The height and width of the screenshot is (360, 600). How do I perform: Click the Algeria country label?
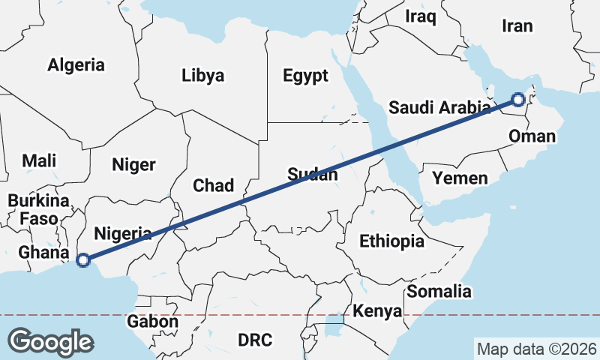point(76,65)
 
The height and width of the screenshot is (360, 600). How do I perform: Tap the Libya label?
point(202,75)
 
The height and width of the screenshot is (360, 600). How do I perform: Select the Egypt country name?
point(305,75)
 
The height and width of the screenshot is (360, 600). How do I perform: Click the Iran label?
point(517,26)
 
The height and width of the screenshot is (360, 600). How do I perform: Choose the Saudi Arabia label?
point(439,108)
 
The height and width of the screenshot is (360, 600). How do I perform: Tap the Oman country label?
point(532,136)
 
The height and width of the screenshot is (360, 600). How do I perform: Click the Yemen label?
point(460,178)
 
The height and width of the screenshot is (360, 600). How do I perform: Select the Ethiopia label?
point(391,241)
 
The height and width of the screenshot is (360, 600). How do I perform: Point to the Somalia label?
point(439,292)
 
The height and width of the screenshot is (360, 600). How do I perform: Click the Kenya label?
point(377,311)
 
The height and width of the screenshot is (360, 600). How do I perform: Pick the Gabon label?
point(152,322)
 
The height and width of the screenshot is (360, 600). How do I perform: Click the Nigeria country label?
point(124,233)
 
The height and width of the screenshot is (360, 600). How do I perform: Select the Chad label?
point(214,185)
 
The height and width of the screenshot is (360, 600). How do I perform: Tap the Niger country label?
point(133,165)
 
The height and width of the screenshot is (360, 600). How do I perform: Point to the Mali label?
point(39,160)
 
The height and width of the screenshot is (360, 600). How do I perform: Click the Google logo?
point(50,342)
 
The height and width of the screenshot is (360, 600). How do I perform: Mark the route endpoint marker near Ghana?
point(83,260)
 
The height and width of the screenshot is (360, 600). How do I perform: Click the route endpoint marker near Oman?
point(518,99)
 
